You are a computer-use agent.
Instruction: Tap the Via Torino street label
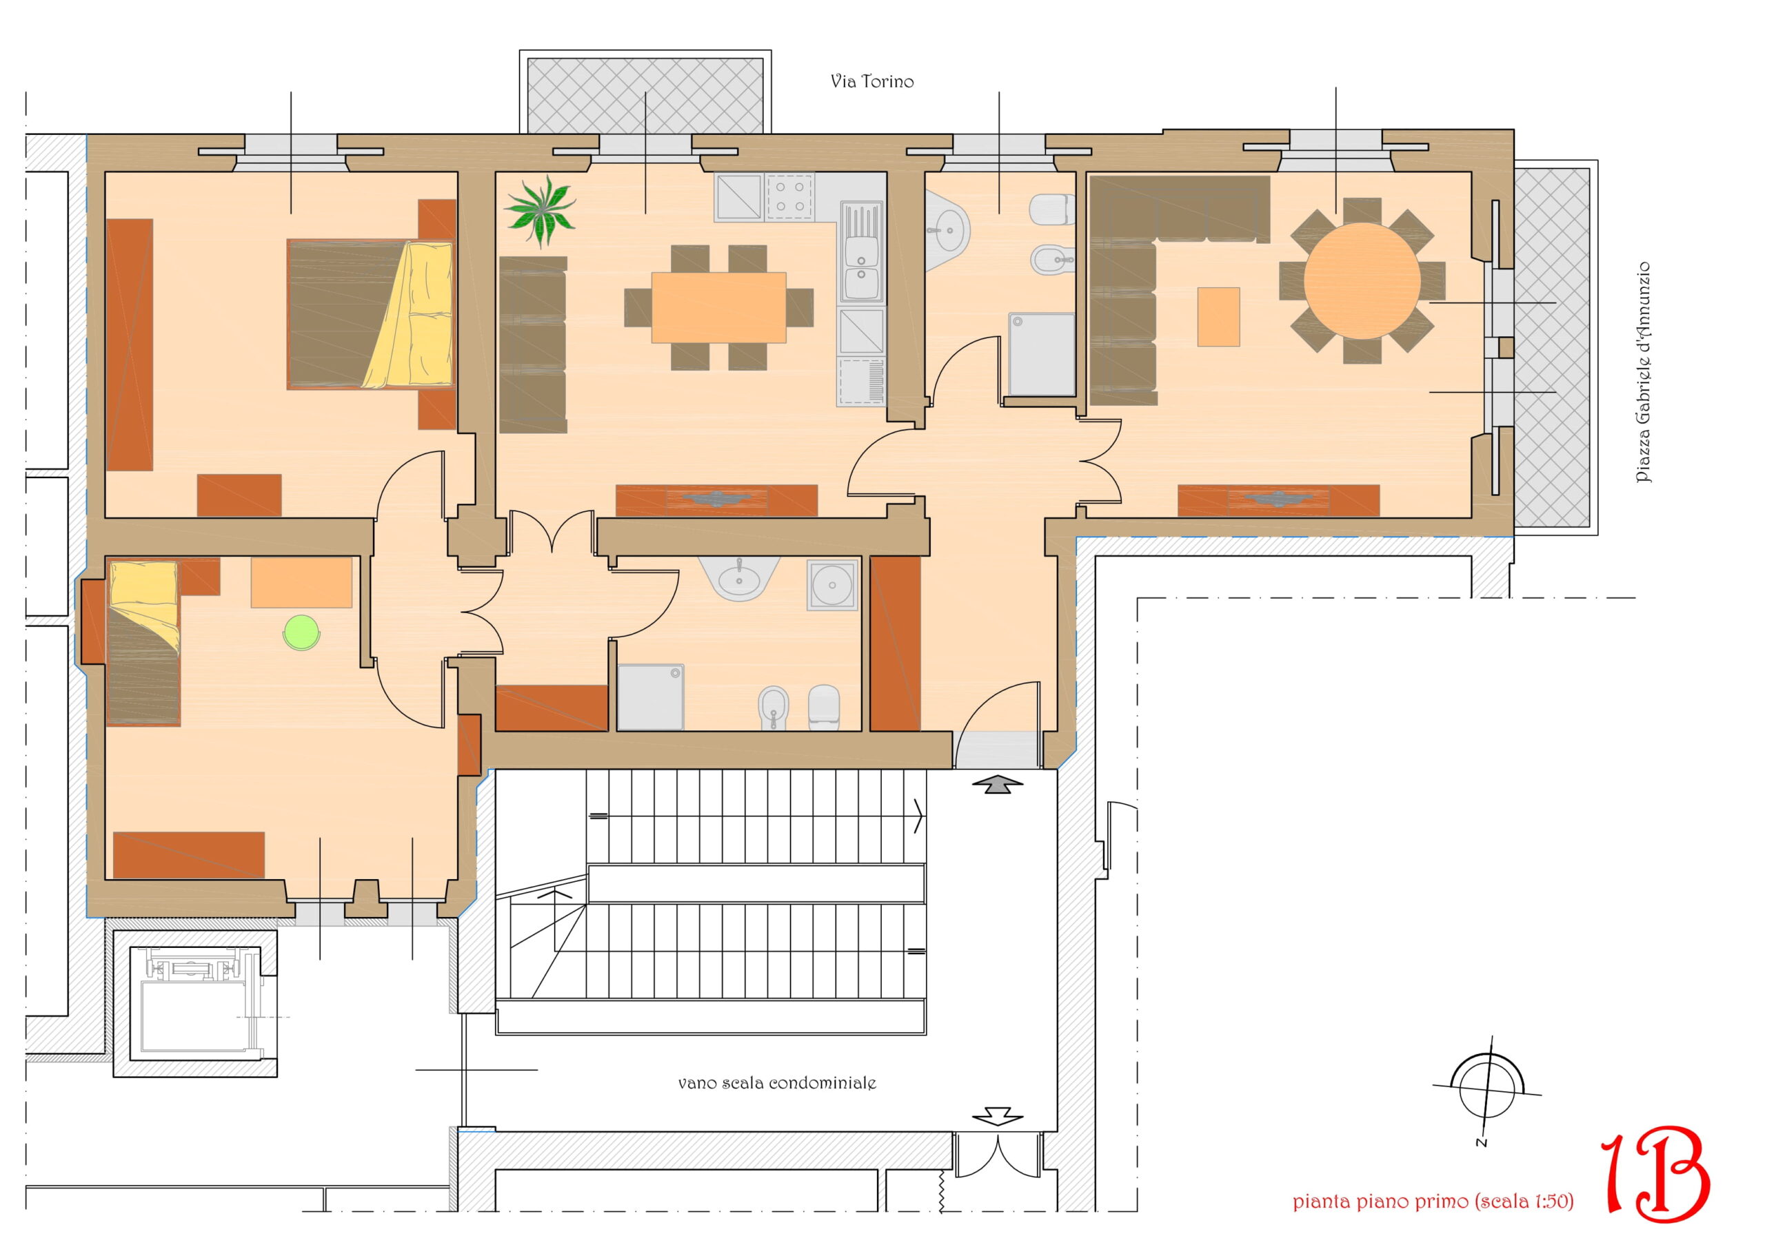[x=871, y=81]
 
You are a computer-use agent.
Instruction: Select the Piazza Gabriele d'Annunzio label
[x=1643, y=373]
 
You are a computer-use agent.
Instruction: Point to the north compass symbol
[x=1487, y=1089]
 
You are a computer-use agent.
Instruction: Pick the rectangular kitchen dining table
[x=719, y=307]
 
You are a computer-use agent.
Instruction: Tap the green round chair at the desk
[x=301, y=632]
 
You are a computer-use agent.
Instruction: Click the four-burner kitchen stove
[x=789, y=196]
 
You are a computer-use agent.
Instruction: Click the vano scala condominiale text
[x=776, y=1082]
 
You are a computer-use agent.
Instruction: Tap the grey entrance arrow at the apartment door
[x=998, y=785]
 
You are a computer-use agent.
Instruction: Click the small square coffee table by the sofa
[x=1218, y=316]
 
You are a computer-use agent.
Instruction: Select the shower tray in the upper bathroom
[x=1042, y=354]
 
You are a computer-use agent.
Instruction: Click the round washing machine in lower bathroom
[x=831, y=586]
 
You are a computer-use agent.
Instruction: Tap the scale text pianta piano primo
[x=1433, y=1201]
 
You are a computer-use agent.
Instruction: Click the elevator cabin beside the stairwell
[x=194, y=1007]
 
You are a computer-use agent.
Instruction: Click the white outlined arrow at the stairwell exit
[x=998, y=1116]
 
